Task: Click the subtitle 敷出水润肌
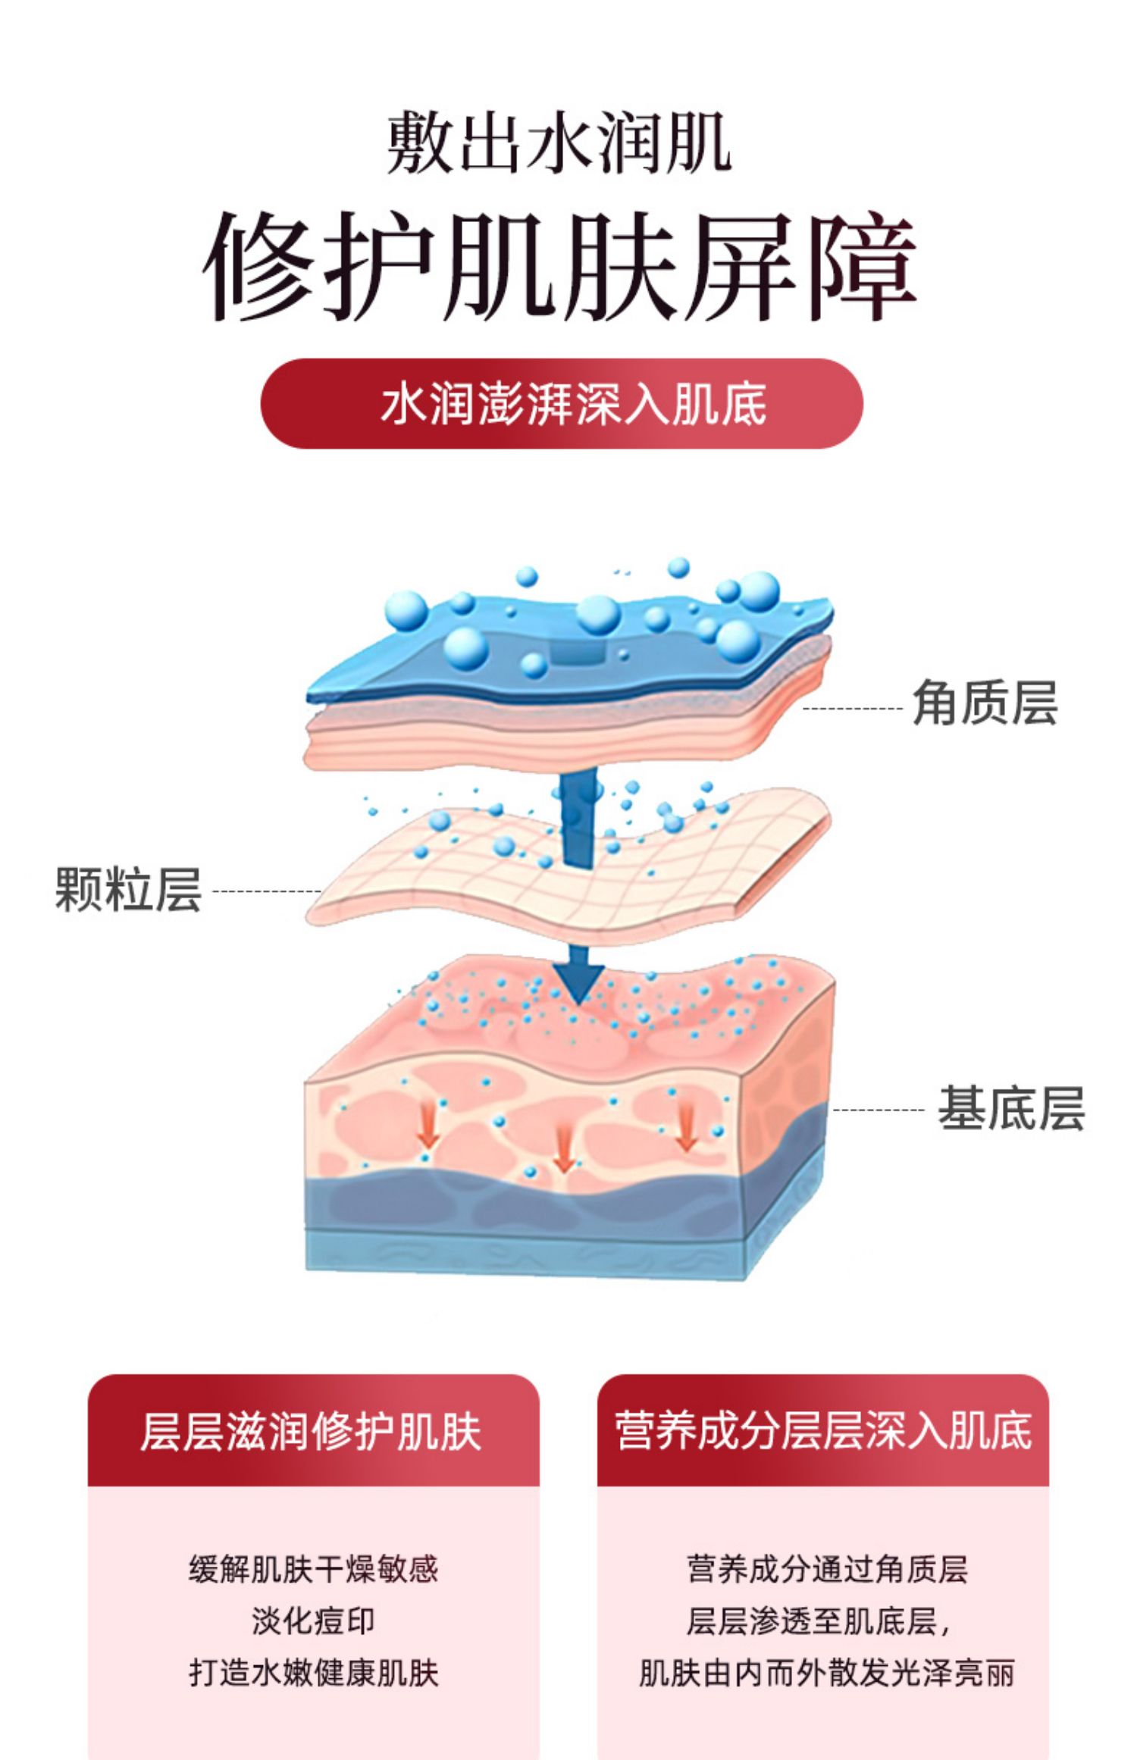(x=559, y=142)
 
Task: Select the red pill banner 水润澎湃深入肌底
(x=562, y=403)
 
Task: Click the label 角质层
(x=985, y=703)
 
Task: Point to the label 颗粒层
(x=128, y=889)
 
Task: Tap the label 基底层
(x=1011, y=1109)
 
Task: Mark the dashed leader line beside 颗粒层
(x=267, y=891)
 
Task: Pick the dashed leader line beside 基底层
(x=879, y=1110)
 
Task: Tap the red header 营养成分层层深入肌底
(x=822, y=1431)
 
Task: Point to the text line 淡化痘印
(x=313, y=1621)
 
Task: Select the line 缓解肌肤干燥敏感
(x=313, y=1568)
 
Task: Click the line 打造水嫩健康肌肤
(x=313, y=1674)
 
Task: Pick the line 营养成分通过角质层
(x=826, y=1568)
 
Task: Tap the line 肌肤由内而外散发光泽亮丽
(x=826, y=1674)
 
